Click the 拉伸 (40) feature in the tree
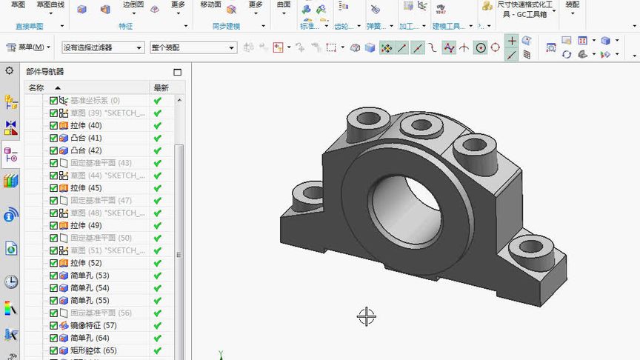(86, 125)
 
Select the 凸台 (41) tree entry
(86, 138)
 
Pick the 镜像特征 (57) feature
(93, 325)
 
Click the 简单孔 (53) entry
(90, 276)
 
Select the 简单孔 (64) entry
(90, 338)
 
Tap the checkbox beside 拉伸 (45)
(53, 188)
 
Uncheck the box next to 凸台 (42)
(53, 150)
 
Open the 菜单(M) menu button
(28, 47)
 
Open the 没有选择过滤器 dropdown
(102, 47)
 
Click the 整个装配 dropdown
(193, 47)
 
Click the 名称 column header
(36, 87)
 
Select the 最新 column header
(161, 87)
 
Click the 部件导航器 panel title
(45, 72)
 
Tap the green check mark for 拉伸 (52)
(158, 263)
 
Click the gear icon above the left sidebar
(10, 71)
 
